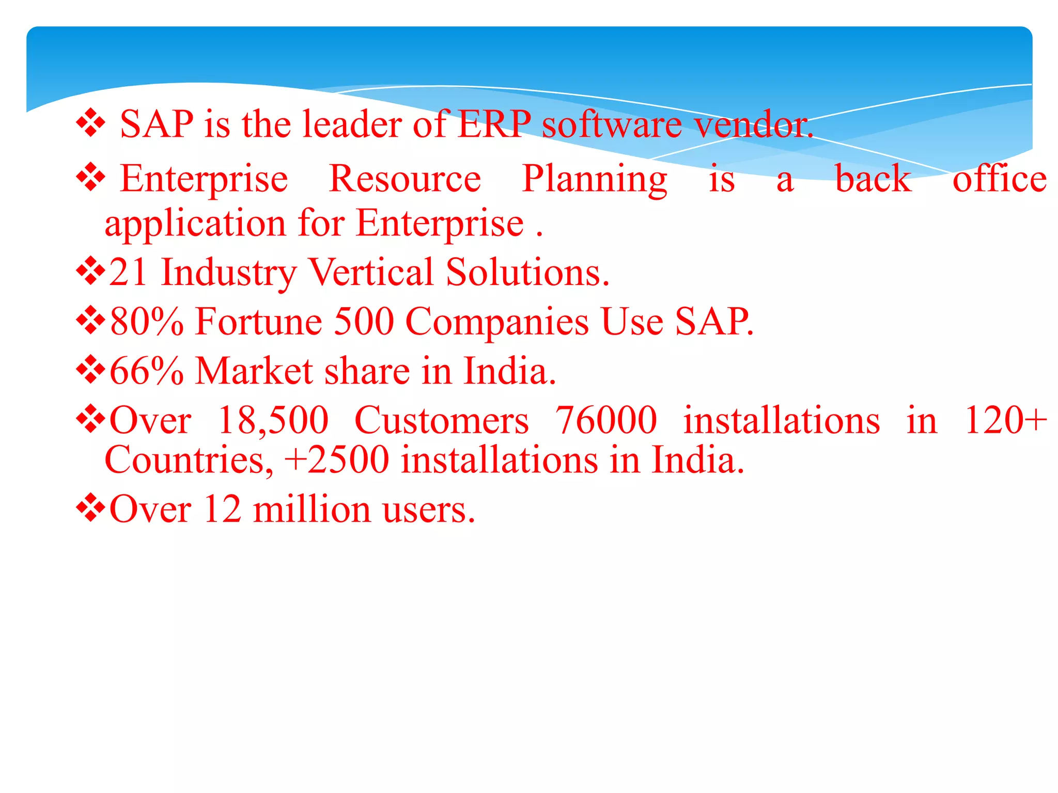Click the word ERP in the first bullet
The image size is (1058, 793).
494,124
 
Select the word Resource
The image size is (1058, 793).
405,179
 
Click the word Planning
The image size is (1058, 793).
595,179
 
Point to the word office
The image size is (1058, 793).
1000,179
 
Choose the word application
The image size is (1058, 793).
195,224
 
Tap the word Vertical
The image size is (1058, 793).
371,272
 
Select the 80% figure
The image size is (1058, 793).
147,322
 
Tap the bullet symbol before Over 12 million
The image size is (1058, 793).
91,508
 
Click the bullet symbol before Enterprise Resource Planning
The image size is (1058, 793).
91,177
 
